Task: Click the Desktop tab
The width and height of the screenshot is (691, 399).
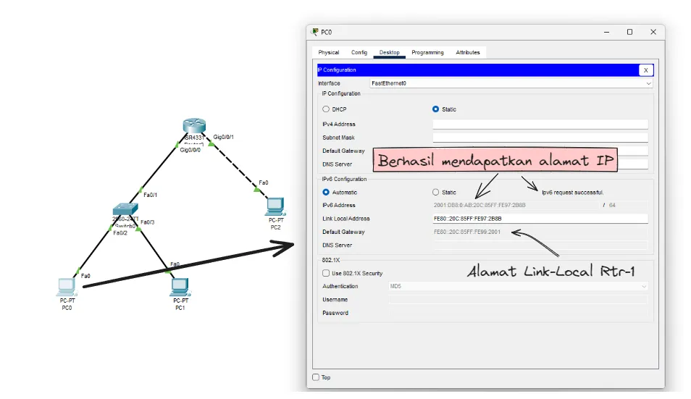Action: click(389, 52)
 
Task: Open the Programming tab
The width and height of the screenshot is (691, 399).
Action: click(427, 52)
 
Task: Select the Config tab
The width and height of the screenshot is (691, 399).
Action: click(359, 52)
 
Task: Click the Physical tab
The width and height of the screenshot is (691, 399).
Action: click(328, 52)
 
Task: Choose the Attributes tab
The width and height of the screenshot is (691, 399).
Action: click(468, 52)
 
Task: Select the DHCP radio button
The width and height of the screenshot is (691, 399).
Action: click(326, 109)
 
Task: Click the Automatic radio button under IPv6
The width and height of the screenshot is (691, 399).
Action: click(326, 193)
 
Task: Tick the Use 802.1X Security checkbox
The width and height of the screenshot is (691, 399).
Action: click(326, 273)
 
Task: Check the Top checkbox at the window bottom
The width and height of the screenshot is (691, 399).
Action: click(316, 377)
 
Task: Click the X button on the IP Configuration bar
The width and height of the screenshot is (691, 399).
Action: click(645, 70)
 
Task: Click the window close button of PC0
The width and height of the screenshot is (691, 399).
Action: click(653, 32)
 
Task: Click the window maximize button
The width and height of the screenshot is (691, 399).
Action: click(629, 32)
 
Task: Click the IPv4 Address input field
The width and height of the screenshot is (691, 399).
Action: click(540, 124)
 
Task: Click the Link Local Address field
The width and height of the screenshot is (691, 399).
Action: click(540, 219)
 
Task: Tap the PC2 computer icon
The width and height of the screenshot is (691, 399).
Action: click(276, 206)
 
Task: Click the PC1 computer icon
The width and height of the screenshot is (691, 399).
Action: click(180, 287)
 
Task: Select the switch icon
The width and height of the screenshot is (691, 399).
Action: click(125, 210)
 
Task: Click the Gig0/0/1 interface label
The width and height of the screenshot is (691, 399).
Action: click(223, 137)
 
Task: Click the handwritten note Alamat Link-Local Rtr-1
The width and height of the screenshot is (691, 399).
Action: click(551, 272)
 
